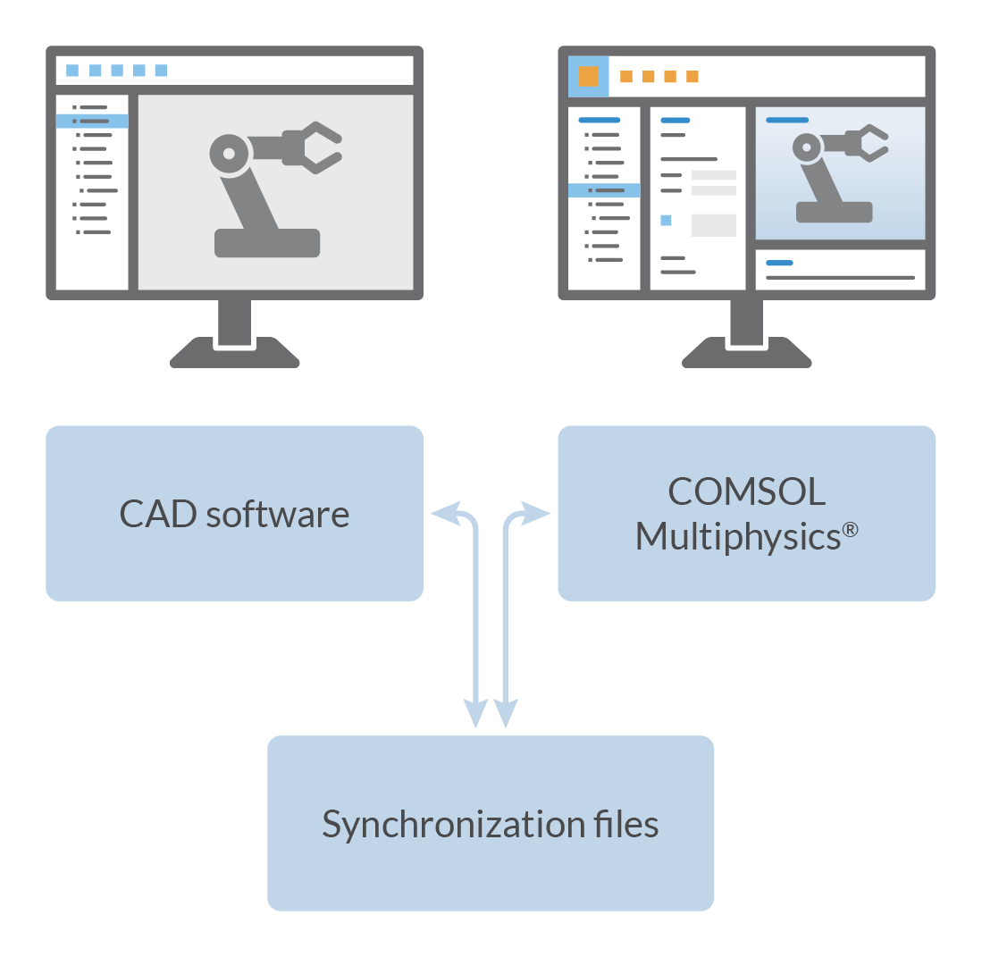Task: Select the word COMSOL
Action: [746, 491]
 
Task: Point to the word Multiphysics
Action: [737, 537]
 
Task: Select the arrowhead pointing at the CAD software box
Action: [443, 513]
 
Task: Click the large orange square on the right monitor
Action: [588, 76]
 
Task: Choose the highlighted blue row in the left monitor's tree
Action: [92, 121]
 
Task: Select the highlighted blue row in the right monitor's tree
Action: [604, 190]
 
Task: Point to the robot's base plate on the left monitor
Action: [267, 242]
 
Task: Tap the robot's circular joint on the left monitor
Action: [229, 154]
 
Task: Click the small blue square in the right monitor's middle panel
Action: [666, 220]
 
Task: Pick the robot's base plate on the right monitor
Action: [834, 212]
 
